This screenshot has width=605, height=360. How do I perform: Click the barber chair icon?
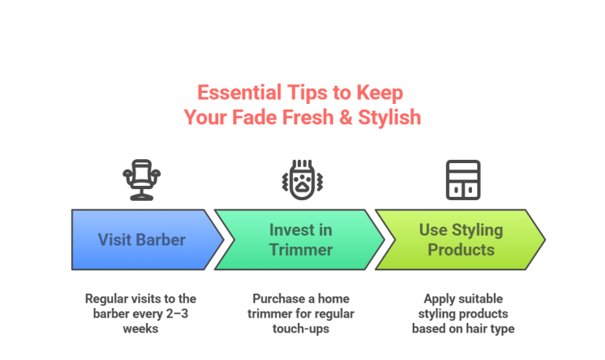tap(141, 179)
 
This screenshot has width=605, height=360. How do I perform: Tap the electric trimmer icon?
tap(299, 179)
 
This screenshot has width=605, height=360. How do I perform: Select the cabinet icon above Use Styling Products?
tap(462, 179)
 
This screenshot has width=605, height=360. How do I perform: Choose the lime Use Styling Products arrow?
tap(461, 239)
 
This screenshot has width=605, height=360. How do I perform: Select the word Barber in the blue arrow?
tap(165, 239)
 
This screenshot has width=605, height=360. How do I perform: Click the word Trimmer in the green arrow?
tap(301, 250)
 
